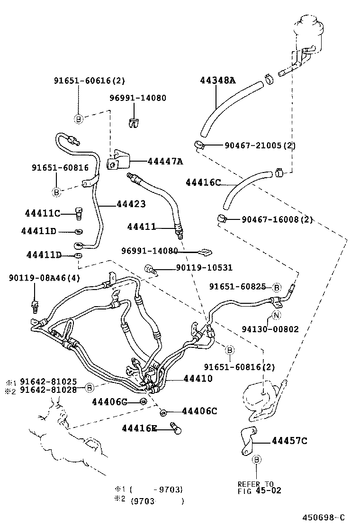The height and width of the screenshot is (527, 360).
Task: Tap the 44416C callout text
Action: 203,182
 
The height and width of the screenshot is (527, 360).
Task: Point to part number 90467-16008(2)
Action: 277,219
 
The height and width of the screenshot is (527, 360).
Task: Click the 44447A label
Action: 164,162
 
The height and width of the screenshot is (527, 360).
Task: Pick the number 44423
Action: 131,204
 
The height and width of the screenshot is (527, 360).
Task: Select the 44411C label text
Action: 43,213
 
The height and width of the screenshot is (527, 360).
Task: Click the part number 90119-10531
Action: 204,268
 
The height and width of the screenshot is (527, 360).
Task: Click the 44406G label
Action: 109,402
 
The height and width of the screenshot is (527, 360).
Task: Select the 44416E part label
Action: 139,428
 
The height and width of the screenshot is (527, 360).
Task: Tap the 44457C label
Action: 289,441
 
